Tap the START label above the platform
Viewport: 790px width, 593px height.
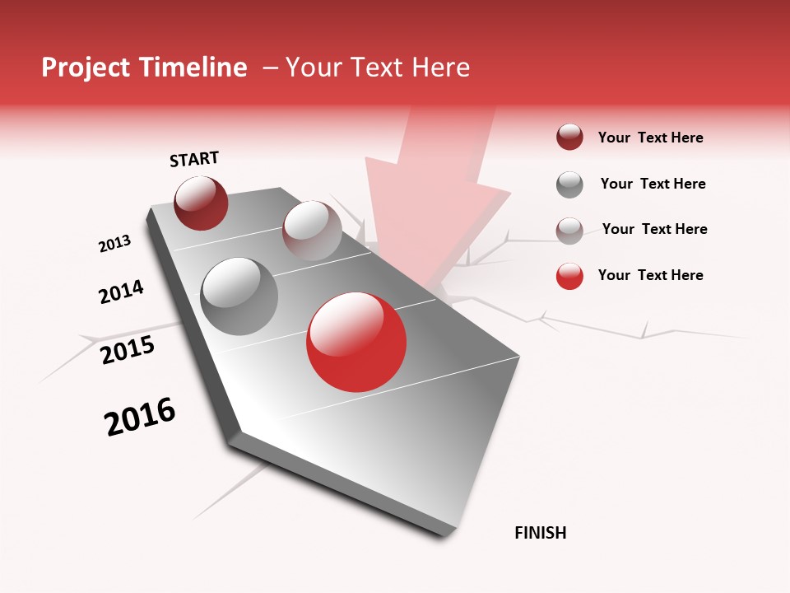pyautogui.click(x=194, y=159)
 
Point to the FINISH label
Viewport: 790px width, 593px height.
pyautogui.click(x=541, y=533)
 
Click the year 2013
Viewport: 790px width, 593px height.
pyautogui.click(x=114, y=244)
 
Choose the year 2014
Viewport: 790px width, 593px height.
pyautogui.click(x=121, y=292)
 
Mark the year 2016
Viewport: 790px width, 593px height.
pyautogui.click(x=140, y=416)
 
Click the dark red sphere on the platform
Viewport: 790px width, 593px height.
pyautogui.click(x=201, y=203)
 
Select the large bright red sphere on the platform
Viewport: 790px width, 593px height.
pyautogui.click(x=356, y=341)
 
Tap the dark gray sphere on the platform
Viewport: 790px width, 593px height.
pyautogui.click(x=239, y=296)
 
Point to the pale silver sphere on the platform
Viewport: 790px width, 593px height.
pyautogui.click(x=312, y=231)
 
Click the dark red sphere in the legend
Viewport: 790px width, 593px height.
pyautogui.click(x=569, y=138)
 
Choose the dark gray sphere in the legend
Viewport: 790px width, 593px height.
pyautogui.click(x=569, y=184)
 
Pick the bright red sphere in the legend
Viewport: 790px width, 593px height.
pyautogui.click(x=569, y=276)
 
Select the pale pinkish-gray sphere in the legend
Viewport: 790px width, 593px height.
pyautogui.click(x=569, y=231)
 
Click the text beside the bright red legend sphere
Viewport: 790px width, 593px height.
pyautogui.click(x=650, y=275)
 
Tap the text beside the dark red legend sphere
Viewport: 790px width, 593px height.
pyautogui.click(x=650, y=138)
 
